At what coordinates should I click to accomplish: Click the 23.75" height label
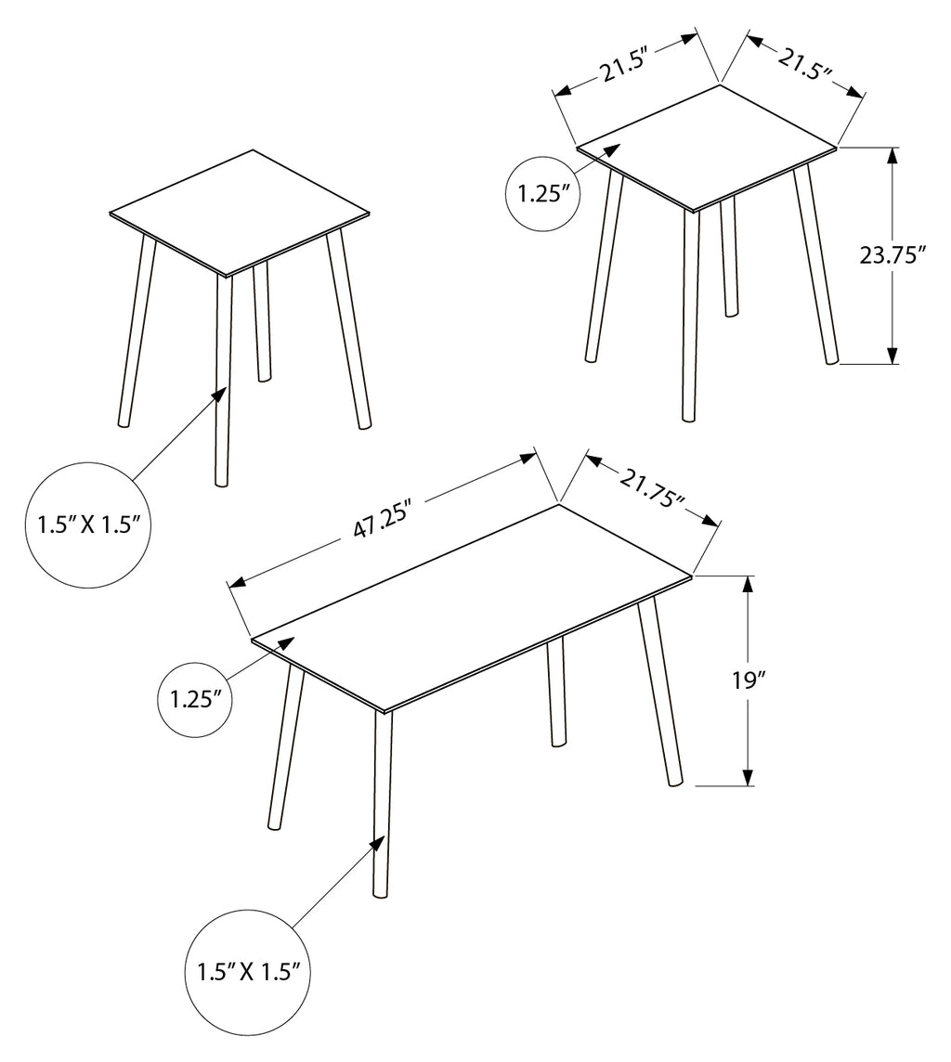click(x=892, y=256)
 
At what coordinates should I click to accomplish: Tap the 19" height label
click(x=747, y=680)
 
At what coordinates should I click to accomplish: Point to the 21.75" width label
click(x=652, y=489)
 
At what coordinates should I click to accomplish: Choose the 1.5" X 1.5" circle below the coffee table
click(x=249, y=973)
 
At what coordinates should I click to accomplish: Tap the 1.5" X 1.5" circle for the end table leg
click(x=89, y=525)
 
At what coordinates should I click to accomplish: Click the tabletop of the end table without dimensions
click(x=241, y=213)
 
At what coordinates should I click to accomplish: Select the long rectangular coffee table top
click(x=472, y=607)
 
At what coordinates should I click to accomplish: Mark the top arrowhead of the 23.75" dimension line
click(x=893, y=156)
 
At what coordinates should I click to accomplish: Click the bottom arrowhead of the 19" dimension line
click(x=748, y=777)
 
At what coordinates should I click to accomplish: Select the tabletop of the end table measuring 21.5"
click(x=708, y=147)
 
